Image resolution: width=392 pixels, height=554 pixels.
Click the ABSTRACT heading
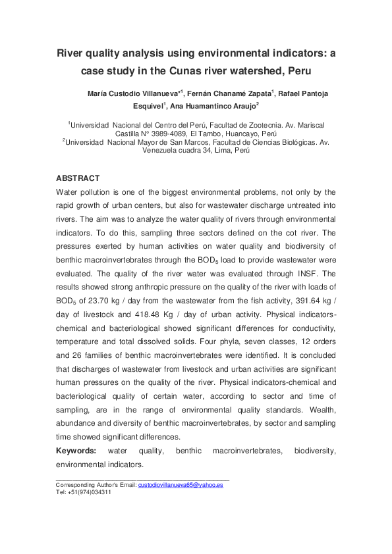[x=78, y=178]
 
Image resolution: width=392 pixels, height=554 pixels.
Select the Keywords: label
[x=76, y=451]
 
